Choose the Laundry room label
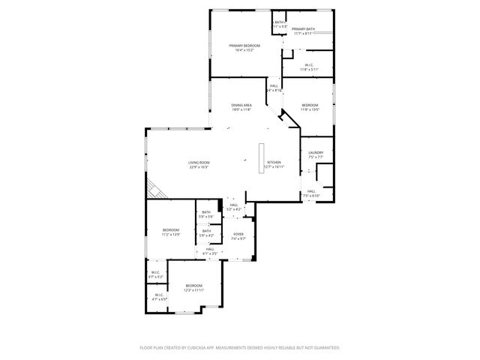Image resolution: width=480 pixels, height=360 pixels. point(315,154)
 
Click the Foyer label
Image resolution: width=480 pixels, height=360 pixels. point(238,235)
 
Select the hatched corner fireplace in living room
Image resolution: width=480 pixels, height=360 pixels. point(154,189)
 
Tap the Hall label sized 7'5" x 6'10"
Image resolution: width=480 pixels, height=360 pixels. point(310,193)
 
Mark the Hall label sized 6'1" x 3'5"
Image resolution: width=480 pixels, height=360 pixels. point(210,251)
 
